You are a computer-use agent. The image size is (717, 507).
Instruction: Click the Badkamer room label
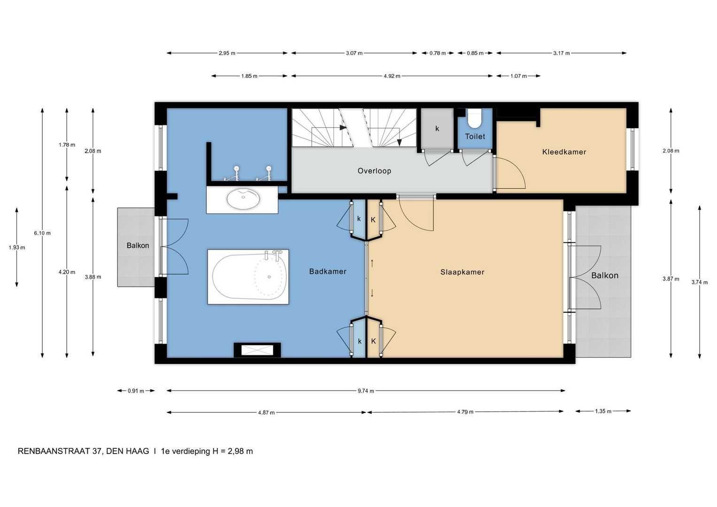coord(328,271)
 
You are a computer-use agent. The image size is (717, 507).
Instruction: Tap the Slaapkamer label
coord(462,272)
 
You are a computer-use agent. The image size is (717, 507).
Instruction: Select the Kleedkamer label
coord(564,152)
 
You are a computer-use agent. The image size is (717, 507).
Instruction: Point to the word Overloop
coord(374,171)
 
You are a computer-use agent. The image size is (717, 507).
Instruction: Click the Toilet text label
coord(475,136)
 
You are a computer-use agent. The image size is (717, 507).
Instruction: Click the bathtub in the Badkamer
coord(248,277)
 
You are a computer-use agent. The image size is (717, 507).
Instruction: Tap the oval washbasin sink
coord(243,199)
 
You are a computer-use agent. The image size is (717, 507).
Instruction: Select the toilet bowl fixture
coord(475,118)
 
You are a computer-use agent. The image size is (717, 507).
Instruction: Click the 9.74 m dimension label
coord(366,391)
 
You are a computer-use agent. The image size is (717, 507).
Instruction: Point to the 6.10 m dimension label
coord(42,233)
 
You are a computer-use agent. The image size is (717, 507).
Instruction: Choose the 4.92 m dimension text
coord(392,76)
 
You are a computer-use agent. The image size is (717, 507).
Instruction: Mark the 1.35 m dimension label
coord(603,411)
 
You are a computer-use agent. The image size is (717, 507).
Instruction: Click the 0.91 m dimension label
coord(136,391)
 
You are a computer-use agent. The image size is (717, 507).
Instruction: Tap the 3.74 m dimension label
coord(699,282)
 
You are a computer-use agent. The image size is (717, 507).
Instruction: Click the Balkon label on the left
coord(138,246)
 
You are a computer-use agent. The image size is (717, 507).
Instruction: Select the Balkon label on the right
coord(604,276)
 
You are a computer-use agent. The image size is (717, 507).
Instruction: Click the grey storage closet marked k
coord(437,129)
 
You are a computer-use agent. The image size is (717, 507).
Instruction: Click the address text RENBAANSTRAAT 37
coord(60,451)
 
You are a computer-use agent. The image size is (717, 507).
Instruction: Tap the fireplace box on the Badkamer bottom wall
coord(257,350)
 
